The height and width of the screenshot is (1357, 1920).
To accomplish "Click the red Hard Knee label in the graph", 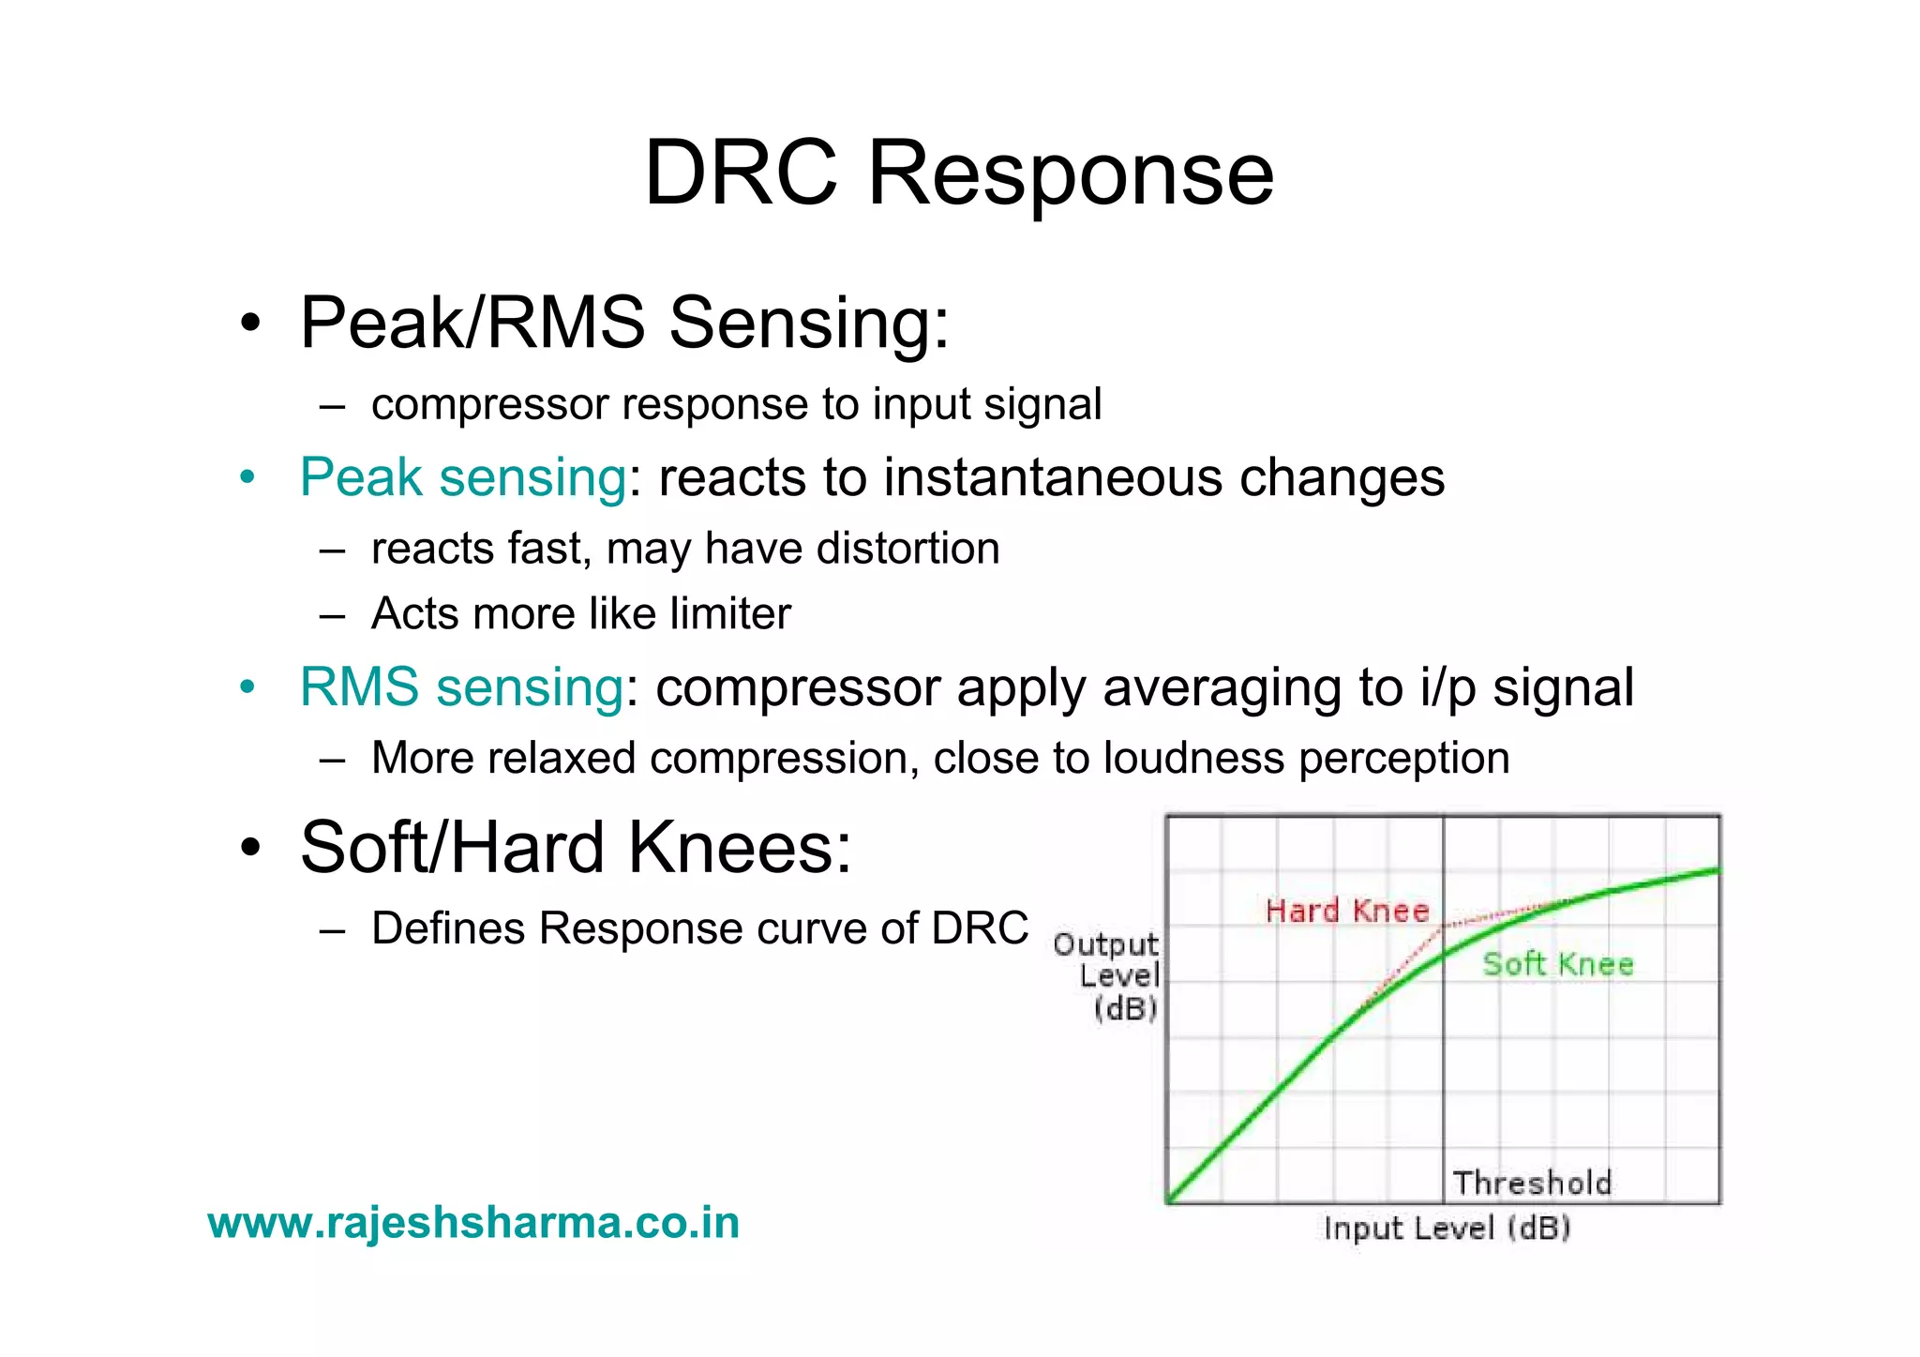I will click(x=1346, y=911).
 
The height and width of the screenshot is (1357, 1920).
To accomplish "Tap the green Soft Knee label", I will click(x=1557, y=964).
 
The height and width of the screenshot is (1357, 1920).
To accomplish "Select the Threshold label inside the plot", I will click(x=1532, y=1183).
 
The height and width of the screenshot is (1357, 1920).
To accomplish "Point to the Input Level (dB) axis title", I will click(x=1447, y=1228).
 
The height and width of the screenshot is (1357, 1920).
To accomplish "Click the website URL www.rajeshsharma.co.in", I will click(x=473, y=1223).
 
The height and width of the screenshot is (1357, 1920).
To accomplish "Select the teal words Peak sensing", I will click(x=462, y=476).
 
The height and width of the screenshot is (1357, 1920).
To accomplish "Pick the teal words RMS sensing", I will click(x=461, y=686).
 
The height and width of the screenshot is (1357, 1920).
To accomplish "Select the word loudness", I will click(x=1192, y=758).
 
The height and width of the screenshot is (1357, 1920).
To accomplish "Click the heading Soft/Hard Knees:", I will click(x=576, y=848).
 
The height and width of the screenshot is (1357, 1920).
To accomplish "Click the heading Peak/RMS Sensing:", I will click(x=624, y=323).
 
